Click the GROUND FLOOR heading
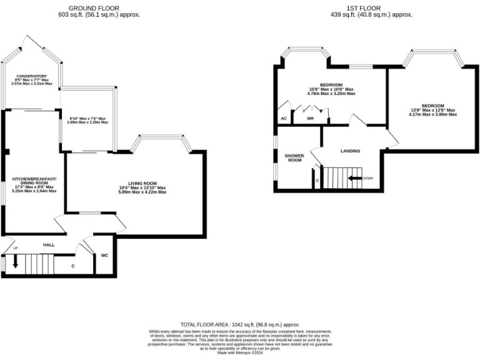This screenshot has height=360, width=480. point(99,7)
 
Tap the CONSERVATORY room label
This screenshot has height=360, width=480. point(32,76)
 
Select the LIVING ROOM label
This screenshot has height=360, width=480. point(142,183)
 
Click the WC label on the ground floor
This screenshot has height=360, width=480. point(104,256)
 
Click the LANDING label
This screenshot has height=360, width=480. point(350,151)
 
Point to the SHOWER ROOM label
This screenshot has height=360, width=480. point(294,158)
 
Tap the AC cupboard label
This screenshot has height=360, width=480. point(284,118)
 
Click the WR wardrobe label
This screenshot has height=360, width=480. point(310,118)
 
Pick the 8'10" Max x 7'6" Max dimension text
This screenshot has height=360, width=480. point(87,118)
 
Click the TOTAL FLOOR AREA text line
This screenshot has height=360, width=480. point(240,325)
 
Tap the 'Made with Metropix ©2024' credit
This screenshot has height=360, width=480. point(240,353)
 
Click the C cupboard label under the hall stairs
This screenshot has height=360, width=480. point(73,266)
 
